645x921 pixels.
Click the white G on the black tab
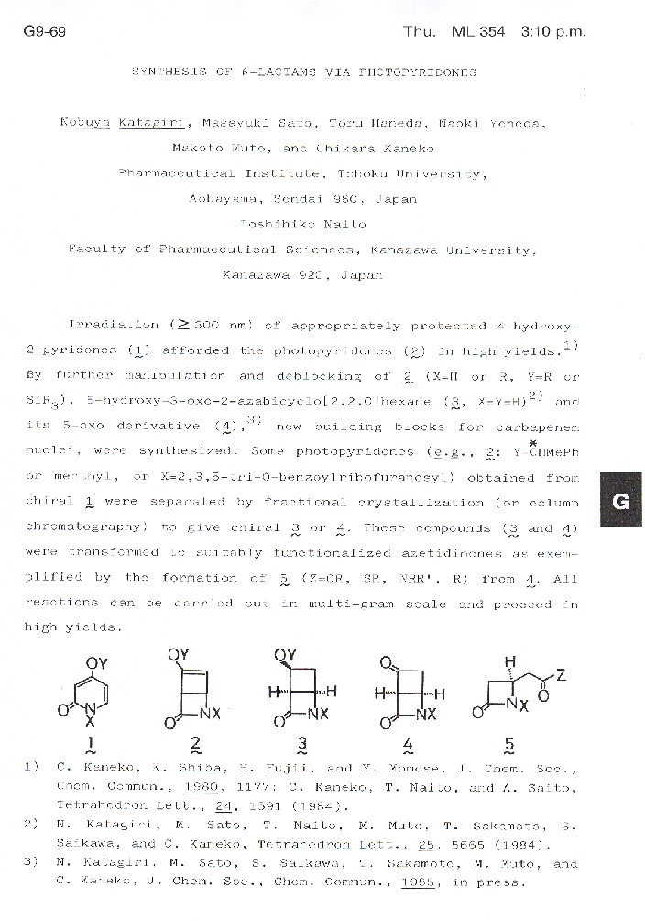tap(619, 501)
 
